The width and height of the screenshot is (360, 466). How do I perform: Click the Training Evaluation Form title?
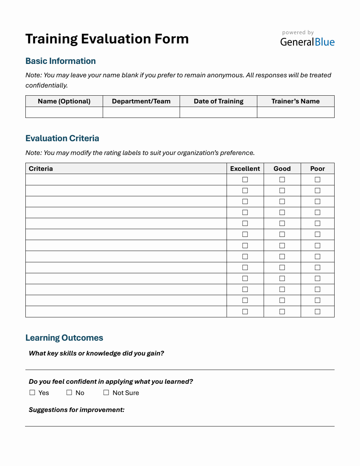click(107, 39)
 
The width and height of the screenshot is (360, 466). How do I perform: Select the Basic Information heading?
click(60, 61)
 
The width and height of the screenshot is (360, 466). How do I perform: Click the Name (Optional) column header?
click(64, 101)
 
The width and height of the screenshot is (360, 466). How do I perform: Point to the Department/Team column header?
click(141, 101)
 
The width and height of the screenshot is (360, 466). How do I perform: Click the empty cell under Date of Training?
click(218, 112)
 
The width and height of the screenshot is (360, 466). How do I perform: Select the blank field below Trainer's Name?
click(295, 112)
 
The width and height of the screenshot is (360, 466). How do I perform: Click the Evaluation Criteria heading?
click(62, 138)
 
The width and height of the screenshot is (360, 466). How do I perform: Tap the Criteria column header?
click(41, 169)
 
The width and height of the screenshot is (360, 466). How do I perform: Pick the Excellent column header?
click(245, 169)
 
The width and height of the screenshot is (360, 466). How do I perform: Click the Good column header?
click(282, 169)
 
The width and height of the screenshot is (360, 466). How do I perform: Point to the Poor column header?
click(317, 169)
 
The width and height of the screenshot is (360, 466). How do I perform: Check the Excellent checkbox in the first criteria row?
click(245, 180)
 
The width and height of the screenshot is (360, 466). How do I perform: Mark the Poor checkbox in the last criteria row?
click(317, 312)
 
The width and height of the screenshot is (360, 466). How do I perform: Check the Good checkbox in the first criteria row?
click(282, 180)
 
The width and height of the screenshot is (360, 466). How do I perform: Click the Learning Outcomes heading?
click(64, 338)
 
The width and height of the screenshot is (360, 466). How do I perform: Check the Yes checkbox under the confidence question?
click(32, 393)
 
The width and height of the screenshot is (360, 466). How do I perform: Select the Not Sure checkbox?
click(106, 393)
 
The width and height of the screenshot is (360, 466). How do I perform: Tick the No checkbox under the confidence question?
click(69, 393)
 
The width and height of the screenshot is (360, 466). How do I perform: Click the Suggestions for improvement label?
click(77, 410)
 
